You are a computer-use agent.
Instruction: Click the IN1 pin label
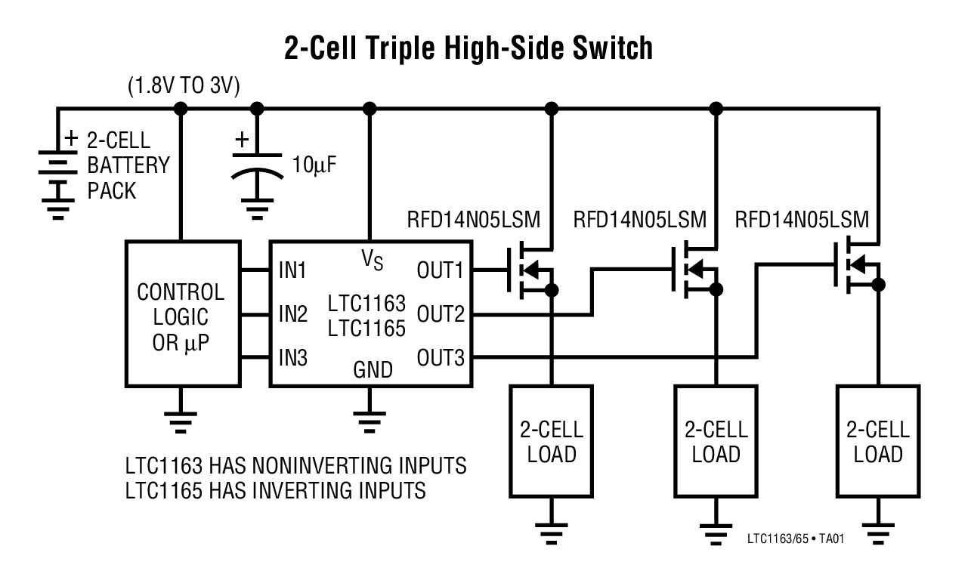pyautogui.click(x=292, y=270)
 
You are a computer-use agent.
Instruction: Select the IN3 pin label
pyautogui.click(x=292, y=357)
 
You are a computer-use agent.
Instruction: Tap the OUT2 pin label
pyautogui.click(x=441, y=313)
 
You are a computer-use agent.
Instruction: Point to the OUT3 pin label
pyautogui.click(x=441, y=357)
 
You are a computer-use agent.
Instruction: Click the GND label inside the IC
pyautogui.click(x=373, y=370)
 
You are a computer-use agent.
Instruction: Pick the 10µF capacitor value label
pyautogui.click(x=313, y=165)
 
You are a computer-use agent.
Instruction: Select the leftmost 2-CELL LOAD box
pyautogui.click(x=552, y=442)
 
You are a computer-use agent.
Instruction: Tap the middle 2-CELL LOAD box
pyautogui.click(x=716, y=442)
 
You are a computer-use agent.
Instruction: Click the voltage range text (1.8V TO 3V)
pyautogui.click(x=183, y=86)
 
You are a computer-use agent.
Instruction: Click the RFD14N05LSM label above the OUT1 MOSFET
pyautogui.click(x=474, y=221)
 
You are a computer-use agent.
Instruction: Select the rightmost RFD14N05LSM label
pyautogui.click(x=802, y=221)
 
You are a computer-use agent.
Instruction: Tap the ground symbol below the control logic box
pyautogui.click(x=181, y=419)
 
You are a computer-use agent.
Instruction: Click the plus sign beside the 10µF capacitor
pyautogui.click(x=242, y=140)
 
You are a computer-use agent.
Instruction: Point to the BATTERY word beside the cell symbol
pyautogui.click(x=128, y=165)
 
